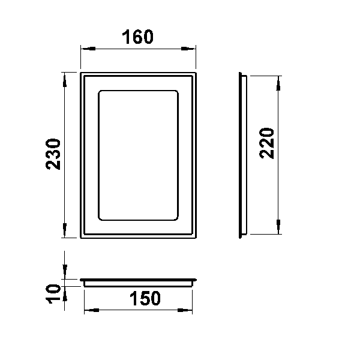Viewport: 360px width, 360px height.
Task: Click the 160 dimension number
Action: click(x=137, y=37)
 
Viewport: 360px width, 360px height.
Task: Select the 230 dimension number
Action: click(x=53, y=154)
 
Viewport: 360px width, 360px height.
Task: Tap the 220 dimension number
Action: click(x=266, y=143)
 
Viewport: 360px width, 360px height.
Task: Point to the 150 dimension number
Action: click(x=145, y=298)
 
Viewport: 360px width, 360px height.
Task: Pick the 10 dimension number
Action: click(x=53, y=294)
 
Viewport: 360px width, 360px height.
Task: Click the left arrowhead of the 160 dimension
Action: click(x=88, y=49)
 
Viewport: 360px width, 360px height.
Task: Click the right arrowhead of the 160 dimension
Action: click(x=188, y=49)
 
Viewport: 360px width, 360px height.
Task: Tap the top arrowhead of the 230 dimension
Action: click(x=65, y=80)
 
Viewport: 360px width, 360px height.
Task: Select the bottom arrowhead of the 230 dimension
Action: click(x=65, y=230)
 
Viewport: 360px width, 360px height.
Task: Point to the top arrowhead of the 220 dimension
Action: click(x=278, y=83)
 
